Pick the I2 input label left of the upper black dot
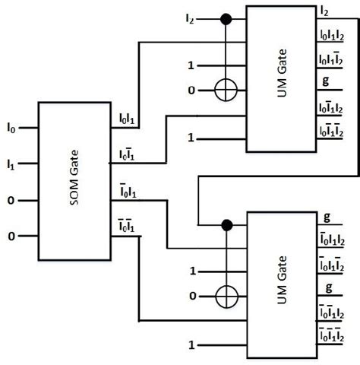click(189, 16)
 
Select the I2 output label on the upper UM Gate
click(324, 10)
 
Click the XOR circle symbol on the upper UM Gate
click(226, 90)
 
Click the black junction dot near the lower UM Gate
click(226, 224)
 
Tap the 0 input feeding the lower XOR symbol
click(192, 294)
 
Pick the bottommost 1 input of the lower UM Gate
click(192, 346)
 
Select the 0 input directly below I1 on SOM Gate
click(11, 202)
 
